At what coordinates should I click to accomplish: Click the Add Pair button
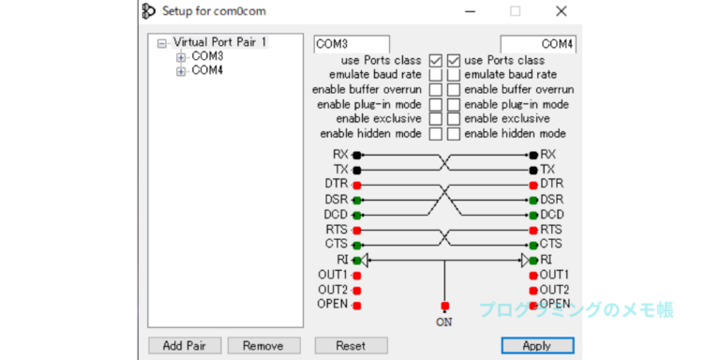point(185,345)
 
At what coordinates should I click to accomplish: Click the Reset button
point(351,345)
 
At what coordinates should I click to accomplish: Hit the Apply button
point(537,345)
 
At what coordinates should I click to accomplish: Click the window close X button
point(562,11)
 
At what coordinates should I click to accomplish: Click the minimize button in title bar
point(470,11)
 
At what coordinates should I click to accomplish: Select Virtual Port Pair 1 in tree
point(219,42)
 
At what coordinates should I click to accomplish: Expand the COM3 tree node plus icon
point(181,57)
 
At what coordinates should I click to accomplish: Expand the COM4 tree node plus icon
point(181,71)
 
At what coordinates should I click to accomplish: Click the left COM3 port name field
point(352,44)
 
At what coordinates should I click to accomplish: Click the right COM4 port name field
point(538,44)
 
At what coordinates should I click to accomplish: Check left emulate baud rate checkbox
point(436,75)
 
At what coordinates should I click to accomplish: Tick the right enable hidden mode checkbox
point(454,134)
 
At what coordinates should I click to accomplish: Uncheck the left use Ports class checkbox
point(436,60)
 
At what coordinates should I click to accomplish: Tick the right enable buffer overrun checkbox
point(454,90)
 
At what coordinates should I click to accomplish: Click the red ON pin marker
point(444,306)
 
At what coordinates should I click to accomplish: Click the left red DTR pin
point(357,186)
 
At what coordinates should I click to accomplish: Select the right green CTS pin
point(533,245)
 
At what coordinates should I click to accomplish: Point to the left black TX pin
point(357,171)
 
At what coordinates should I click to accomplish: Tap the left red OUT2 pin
point(357,291)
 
